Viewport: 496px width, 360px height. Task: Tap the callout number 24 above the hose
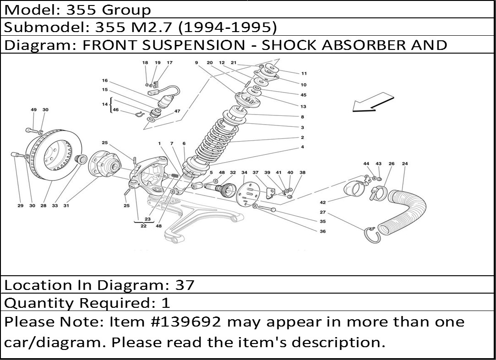pos(405,164)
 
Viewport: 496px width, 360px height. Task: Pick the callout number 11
pos(304,73)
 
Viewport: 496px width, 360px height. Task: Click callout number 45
pos(303,95)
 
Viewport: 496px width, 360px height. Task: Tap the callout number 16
pos(105,81)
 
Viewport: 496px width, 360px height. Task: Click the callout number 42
pos(323,202)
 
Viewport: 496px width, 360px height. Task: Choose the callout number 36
pos(322,231)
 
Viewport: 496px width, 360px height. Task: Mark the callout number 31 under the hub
pos(66,206)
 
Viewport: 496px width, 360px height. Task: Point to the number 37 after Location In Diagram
pos(185,285)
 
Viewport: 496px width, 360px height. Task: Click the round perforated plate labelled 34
pos(247,193)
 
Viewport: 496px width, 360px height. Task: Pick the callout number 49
pos(33,110)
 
